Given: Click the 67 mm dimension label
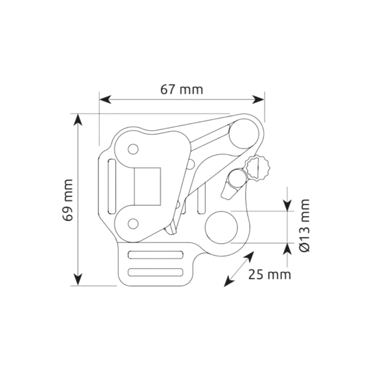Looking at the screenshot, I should coord(181,90).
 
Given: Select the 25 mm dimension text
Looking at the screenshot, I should coord(270,274).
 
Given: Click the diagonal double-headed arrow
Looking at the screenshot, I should coord(239,269).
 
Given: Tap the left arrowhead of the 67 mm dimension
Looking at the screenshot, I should coord(104,100).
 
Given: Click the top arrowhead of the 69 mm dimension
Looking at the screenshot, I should coord(79,120).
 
